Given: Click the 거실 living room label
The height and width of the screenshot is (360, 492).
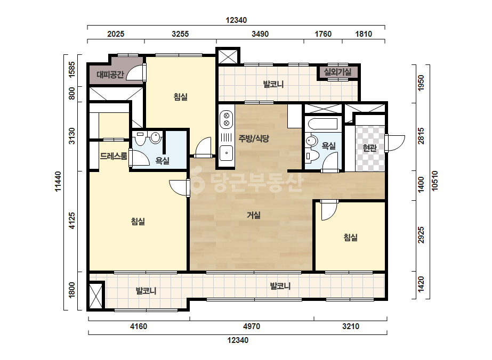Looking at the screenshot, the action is click(x=254, y=215).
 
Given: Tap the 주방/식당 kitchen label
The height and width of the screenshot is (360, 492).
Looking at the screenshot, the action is click(x=254, y=138).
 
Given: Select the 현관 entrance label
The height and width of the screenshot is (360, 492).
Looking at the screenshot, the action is click(x=369, y=148).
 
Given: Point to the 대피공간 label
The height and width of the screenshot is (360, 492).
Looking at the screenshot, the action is click(x=110, y=75).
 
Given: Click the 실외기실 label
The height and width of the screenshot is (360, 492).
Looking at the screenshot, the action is click(x=337, y=72).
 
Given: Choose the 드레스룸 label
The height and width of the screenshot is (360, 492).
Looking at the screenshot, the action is click(x=114, y=156).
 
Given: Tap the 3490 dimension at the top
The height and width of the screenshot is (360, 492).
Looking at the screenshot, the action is click(x=260, y=34).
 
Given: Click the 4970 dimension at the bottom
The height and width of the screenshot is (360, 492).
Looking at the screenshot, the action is click(x=252, y=326).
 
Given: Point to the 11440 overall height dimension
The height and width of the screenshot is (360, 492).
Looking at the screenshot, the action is click(x=58, y=181).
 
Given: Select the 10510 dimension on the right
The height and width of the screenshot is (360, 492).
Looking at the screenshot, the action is click(x=434, y=181).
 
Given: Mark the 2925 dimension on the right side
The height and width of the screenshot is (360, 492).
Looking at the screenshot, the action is click(x=421, y=235).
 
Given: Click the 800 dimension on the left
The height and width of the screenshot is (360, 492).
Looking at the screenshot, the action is click(x=72, y=93).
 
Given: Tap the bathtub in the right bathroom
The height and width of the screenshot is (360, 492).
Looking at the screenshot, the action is click(x=323, y=124).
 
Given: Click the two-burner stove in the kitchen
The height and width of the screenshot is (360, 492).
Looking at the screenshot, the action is click(x=226, y=119).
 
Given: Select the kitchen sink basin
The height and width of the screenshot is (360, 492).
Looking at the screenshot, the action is click(x=226, y=153).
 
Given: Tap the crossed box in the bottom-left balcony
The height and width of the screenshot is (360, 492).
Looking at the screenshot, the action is click(x=96, y=296).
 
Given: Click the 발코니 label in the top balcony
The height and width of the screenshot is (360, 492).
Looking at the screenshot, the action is click(x=273, y=84).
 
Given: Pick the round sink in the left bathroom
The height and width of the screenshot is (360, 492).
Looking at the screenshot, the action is click(x=155, y=137).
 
